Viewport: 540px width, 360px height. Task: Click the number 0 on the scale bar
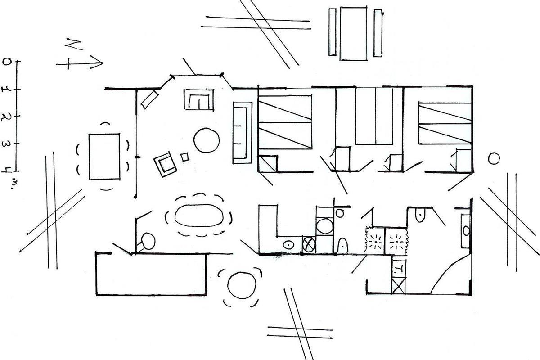pyautogui.click(x=6, y=62)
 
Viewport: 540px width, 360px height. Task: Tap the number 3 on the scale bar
pyautogui.click(x=6, y=144)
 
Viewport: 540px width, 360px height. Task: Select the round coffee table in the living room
pyautogui.click(x=207, y=140)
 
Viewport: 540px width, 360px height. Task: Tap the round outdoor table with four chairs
pyautogui.click(x=242, y=285)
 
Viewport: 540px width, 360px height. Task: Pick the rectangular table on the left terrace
pyautogui.click(x=104, y=156)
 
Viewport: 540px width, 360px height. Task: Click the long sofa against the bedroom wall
pyautogui.click(x=242, y=132)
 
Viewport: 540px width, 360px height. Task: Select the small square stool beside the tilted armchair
pyautogui.click(x=184, y=157)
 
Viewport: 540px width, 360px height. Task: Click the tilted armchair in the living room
pyautogui.click(x=166, y=163)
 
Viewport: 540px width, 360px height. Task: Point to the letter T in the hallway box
pyautogui.click(x=399, y=270)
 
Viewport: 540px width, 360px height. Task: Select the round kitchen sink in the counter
pyautogui.click(x=288, y=245)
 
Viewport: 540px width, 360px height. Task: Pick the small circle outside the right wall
pyautogui.click(x=494, y=158)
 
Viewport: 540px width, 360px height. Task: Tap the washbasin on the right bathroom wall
pyautogui.click(x=466, y=230)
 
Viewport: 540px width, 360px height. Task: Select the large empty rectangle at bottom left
pyautogui.click(x=151, y=274)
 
